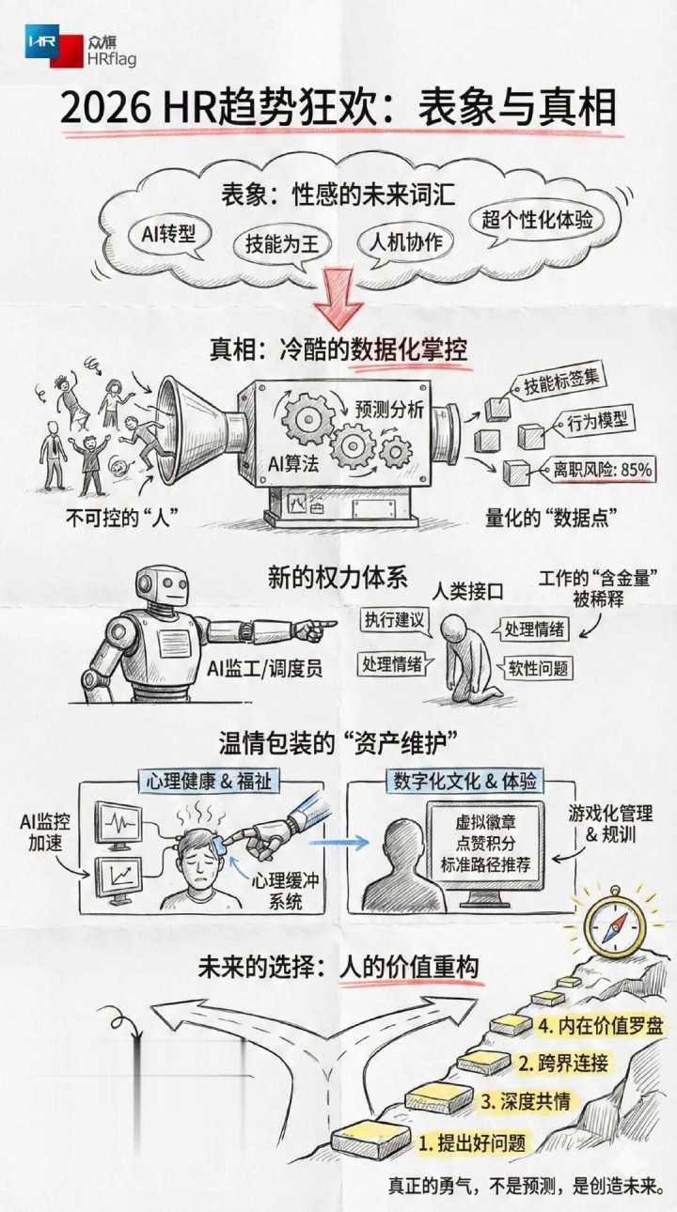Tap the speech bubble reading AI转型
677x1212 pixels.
(169, 236)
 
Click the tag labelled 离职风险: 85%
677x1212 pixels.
(598, 470)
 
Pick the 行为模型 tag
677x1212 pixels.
(594, 422)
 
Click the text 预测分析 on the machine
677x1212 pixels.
(389, 410)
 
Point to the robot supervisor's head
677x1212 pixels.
(163, 589)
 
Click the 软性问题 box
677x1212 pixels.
(538, 669)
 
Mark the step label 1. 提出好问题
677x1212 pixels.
(472, 1143)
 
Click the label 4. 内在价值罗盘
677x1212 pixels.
(600, 1026)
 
